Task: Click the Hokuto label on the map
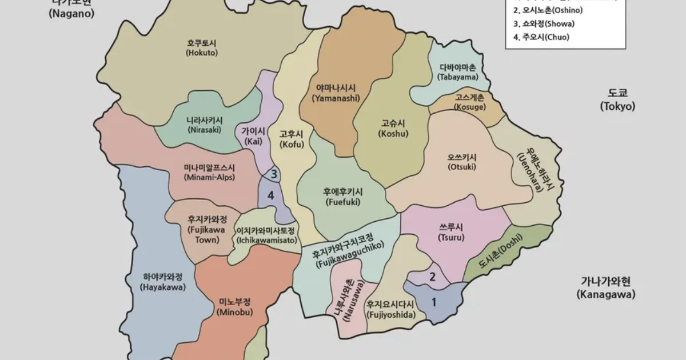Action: coord(202,47)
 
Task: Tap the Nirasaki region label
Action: coord(204,125)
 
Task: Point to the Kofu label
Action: coord(291,139)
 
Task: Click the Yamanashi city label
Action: coord(336,93)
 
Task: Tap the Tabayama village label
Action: coord(457,72)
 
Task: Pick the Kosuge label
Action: coord(470,102)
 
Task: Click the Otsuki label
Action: coord(462,162)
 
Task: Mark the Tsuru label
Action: coord(451,232)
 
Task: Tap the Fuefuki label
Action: coord(343,197)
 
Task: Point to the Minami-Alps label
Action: coord(209,172)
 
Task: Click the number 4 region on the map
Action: coord(271,195)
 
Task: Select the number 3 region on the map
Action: coord(274,174)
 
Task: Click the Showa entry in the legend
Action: coord(544,24)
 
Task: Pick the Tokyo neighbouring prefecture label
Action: coord(617,99)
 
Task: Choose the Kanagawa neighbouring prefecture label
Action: coord(605,288)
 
